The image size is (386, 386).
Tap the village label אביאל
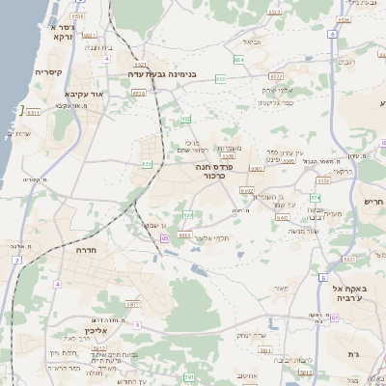click(252, 41)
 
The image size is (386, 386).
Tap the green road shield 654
click(238, 59)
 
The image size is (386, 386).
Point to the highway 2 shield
click(16, 261)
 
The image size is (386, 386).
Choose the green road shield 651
click(147, 164)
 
